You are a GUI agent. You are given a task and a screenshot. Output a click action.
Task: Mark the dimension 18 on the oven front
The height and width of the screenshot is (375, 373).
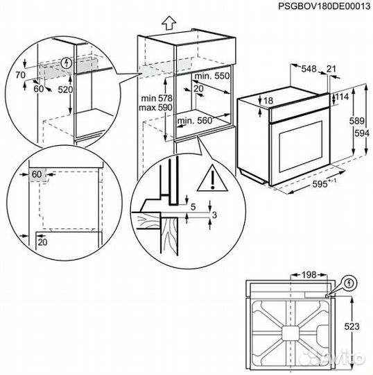click(x=268, y=101)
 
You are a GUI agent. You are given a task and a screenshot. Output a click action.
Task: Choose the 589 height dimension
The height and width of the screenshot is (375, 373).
click(x=355, y=120)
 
